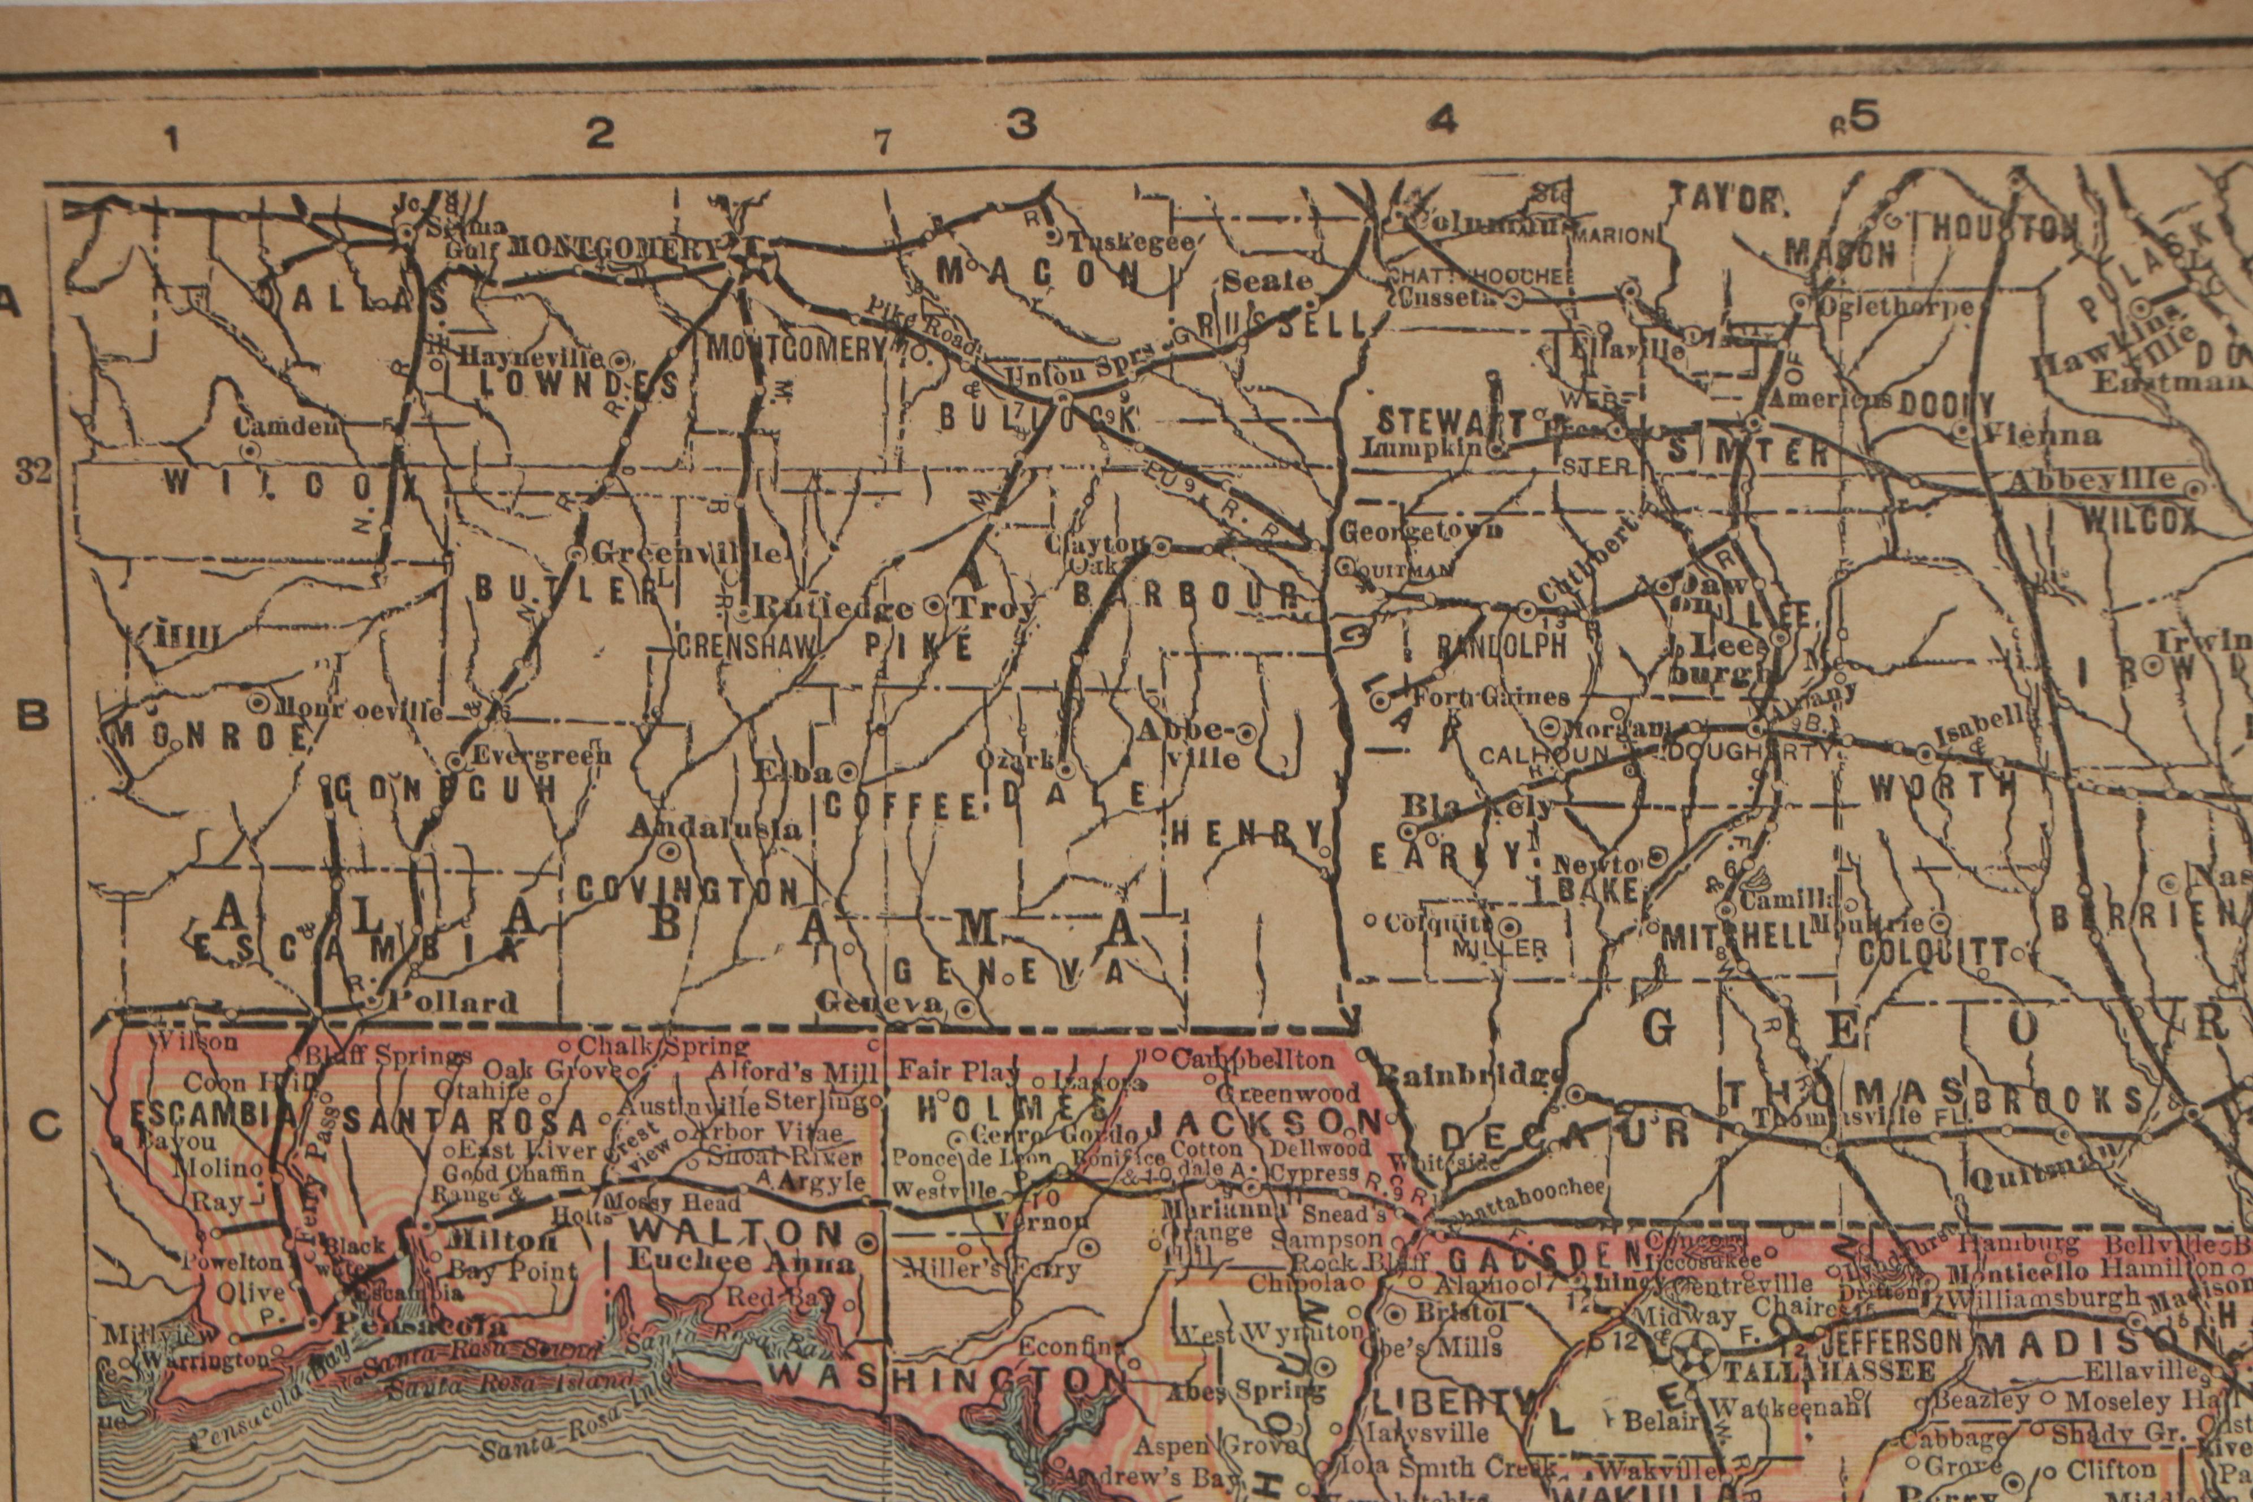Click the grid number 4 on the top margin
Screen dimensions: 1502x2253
point(1441,120)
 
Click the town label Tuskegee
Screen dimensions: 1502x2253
point(1130,241)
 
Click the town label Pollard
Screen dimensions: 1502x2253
point(450,1003)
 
